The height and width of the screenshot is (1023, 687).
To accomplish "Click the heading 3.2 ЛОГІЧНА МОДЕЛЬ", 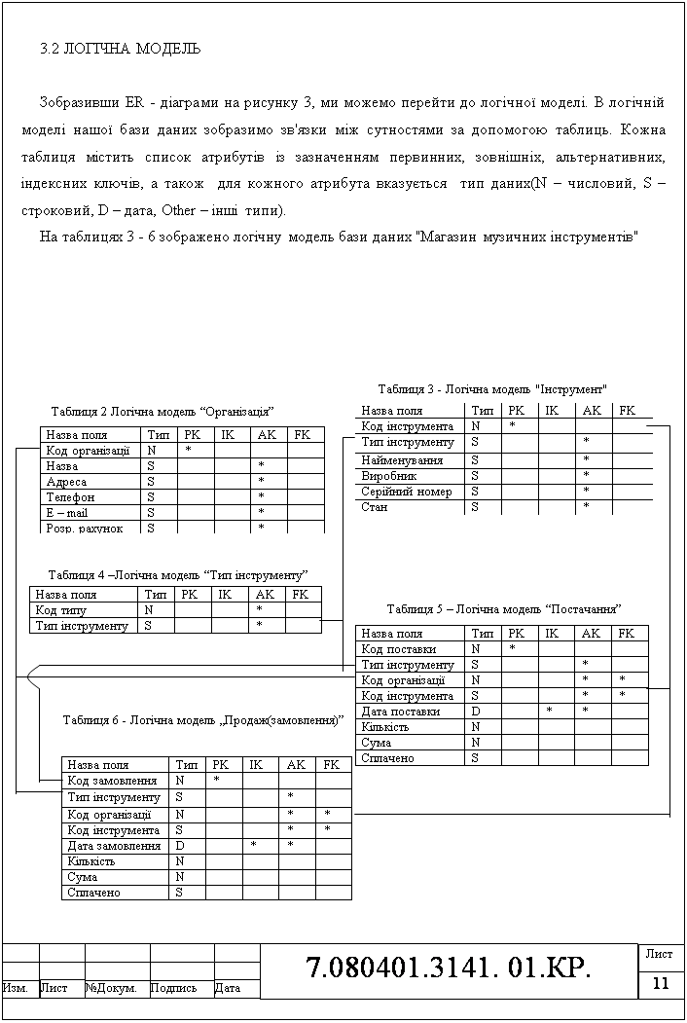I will (121, 48).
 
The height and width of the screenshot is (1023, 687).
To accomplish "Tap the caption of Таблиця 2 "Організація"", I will (161, 411).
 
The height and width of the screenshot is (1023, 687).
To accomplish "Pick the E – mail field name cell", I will (67, 512).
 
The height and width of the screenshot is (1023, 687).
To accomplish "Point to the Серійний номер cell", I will (407, 492).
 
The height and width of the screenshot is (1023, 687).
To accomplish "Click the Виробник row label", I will (389, 476).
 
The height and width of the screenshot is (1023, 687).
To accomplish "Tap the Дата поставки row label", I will (400, 712).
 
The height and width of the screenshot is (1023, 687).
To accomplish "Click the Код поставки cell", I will (398, 649).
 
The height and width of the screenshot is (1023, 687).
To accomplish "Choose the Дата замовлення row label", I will (114, 846).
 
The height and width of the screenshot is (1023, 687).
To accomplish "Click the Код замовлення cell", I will (112, 781).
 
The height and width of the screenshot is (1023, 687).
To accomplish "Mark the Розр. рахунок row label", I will (85, 528).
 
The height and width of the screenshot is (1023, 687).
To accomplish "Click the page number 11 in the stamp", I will (662, 983).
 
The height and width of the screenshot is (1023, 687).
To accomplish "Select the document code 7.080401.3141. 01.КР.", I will (449, 968).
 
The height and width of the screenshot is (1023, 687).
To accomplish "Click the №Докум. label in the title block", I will (111, 989).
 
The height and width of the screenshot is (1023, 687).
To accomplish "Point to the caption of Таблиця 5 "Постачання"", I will (504, 609).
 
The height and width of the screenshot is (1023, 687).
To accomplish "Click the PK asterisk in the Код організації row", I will (187, 451).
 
